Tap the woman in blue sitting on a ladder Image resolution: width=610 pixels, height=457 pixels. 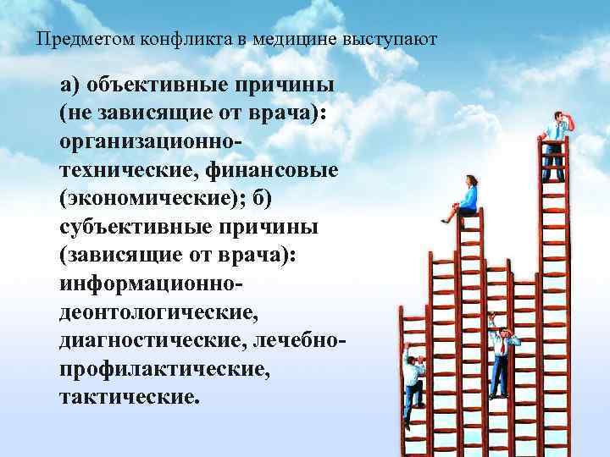click(x=465, y=197)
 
